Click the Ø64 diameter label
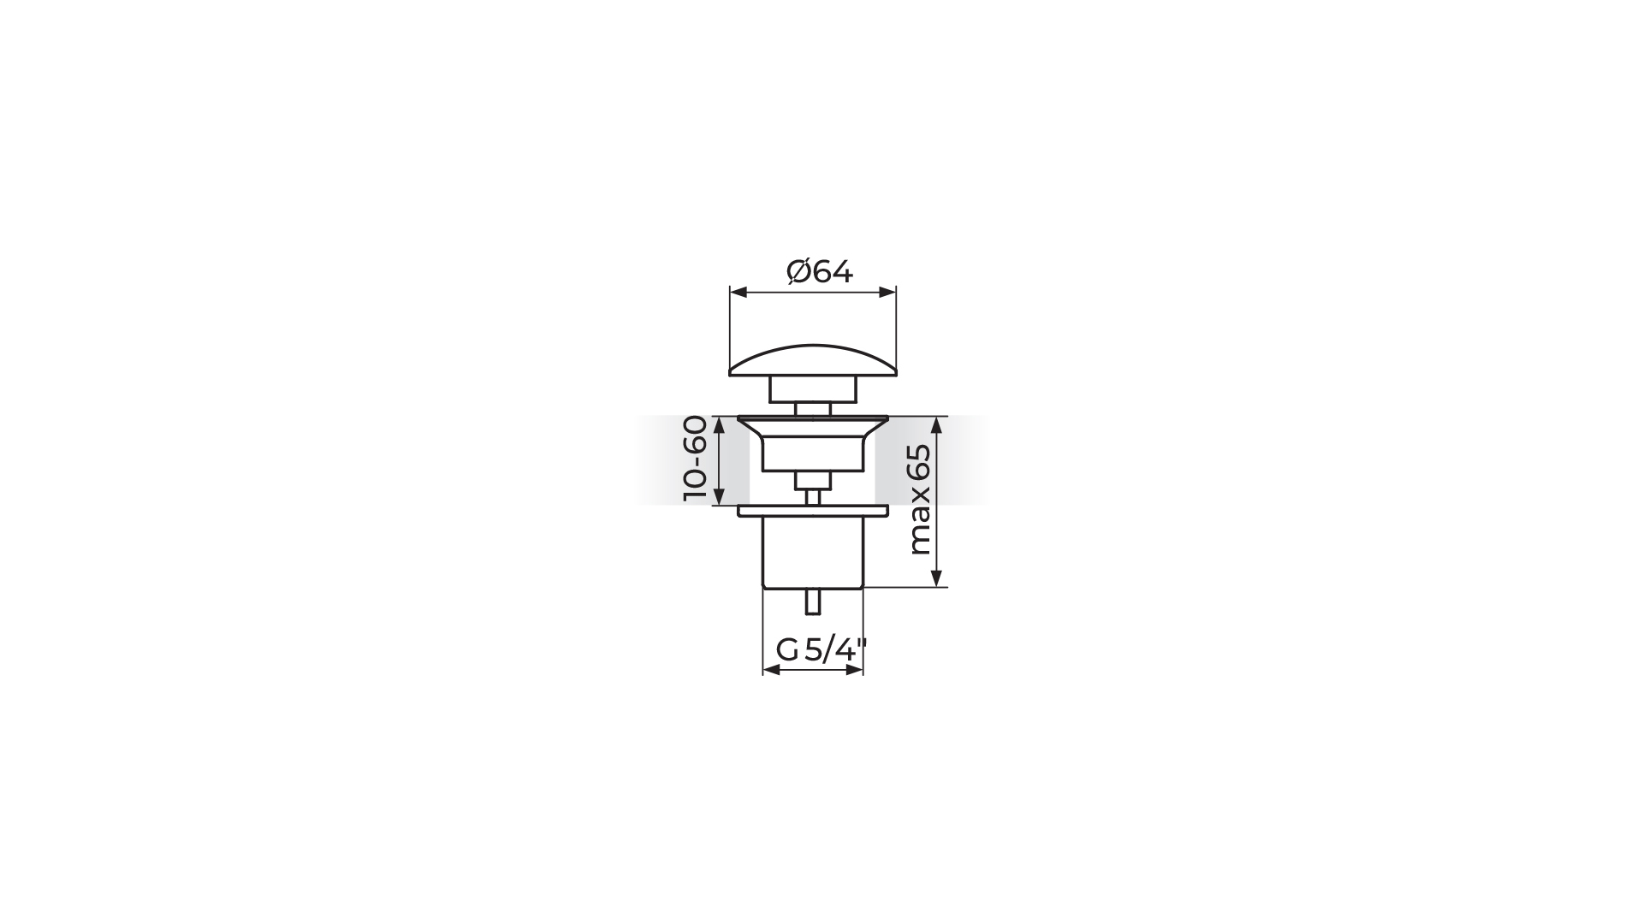(820, 272)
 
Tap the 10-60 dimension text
(696, 459)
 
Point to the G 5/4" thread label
(821, 651)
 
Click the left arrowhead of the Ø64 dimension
(738, 293)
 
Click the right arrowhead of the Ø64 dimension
(887, 293)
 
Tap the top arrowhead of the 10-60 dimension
(719, 425)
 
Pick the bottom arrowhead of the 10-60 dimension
(719, 495)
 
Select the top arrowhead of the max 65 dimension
(937, 425)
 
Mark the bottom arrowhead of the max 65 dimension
(937, 577)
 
